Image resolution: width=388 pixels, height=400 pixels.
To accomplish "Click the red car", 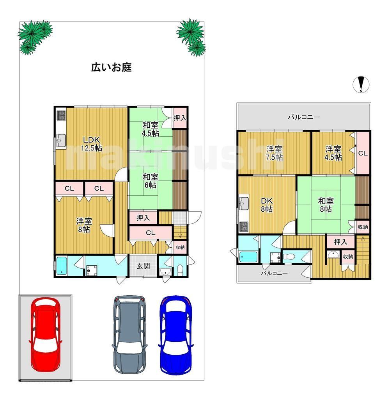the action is [46, 335].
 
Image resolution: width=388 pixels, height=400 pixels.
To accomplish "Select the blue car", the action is [175, 335].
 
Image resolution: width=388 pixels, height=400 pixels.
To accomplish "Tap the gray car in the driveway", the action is [129, 335].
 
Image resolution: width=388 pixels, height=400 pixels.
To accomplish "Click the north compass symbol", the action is [361, 84].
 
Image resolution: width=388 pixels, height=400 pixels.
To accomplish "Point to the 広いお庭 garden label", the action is [112, 67].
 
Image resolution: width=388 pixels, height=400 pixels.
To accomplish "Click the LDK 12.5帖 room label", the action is [92, 144].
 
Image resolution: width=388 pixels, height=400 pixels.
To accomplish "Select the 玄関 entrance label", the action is [143, 266].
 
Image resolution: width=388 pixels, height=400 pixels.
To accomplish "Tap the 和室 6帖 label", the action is [151, 181].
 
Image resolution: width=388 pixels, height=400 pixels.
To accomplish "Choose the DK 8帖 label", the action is [267, 205].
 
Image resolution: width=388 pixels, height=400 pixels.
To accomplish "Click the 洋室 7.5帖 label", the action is [274, 153].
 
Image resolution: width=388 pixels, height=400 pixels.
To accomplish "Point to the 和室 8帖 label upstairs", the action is [326, 205].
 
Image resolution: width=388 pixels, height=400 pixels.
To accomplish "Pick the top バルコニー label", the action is [304, 117].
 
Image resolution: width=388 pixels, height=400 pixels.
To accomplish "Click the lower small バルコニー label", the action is [274, 273].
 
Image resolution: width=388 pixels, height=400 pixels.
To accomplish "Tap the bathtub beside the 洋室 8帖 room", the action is [62, 266].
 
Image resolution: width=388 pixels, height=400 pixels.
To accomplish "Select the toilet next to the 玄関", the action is [180, 270].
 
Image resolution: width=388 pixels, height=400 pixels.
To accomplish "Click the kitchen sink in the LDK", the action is [61, 140].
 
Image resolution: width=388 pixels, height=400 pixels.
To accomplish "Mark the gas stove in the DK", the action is [244, 227].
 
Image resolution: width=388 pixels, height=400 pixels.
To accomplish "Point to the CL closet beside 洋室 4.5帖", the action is [363, 153].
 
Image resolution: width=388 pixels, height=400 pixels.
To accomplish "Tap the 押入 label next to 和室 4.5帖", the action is [180, 118].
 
